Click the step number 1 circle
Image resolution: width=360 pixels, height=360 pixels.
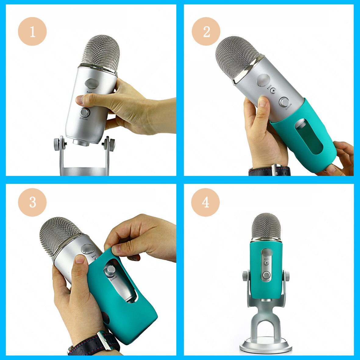coord(32,31)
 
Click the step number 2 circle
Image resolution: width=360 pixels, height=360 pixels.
coord(206,31)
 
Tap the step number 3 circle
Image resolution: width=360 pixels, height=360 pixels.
coord(32,202)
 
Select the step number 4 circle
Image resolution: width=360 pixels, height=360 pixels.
coord(205,202)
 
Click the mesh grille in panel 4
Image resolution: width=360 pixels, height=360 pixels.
coord(266,225)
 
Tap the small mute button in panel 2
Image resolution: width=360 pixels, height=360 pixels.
coord(273,90)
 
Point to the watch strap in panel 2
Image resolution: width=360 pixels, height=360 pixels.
coord(262,171)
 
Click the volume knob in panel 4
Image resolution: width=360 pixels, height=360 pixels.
coord(266,275)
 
